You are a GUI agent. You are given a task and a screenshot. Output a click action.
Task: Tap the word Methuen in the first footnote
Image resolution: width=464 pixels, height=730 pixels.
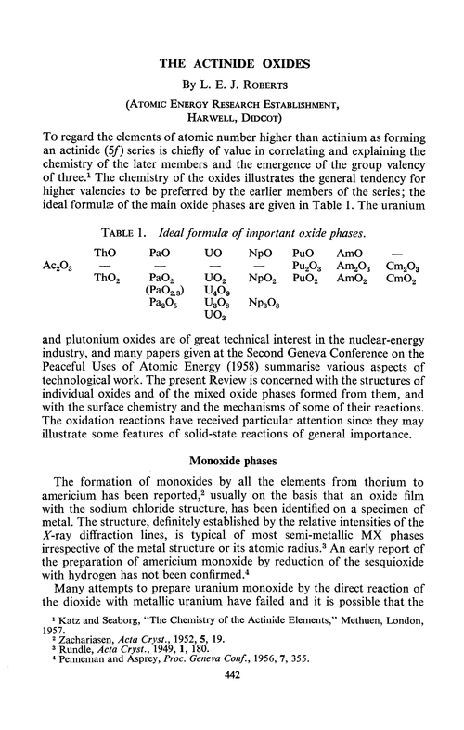(363, 642)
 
